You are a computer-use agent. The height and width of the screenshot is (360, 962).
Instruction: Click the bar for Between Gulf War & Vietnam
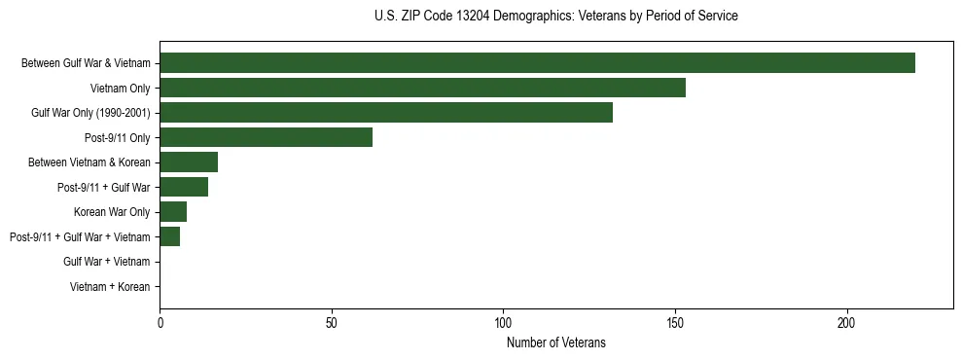click(x=537, y=63)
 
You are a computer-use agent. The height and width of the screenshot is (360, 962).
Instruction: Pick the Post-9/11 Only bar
click(x=266, y=137)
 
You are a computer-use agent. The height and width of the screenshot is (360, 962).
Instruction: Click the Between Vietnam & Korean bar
click(x=189, y=162)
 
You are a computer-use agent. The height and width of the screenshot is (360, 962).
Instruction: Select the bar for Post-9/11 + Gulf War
click(x=184, y=187)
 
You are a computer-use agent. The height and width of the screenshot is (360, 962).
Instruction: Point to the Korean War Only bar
click(x=173, y=212)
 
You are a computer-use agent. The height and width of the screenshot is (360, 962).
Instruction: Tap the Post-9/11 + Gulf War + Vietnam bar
click(x=170, y=236)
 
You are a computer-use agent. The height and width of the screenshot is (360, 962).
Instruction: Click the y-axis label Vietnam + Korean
click(x=110, y=287)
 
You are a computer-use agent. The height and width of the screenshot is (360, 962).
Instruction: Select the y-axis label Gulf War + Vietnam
click(x=107, y=262)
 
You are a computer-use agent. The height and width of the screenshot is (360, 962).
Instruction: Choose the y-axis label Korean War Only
click(x=112, y=212)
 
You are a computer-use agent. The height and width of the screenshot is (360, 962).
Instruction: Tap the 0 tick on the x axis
click(x=160, y=322)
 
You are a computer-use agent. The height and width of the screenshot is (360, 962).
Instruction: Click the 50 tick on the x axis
click(x=332, y=322)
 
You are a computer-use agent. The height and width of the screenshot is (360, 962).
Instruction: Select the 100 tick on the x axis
click(x=504, y=322)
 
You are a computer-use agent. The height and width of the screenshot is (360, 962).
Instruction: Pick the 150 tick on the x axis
click(x=675, y=322)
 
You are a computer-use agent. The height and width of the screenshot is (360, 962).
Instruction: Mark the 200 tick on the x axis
click(x=847, y=322)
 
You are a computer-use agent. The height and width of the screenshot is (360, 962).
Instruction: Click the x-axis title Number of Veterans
click(x=556, y=342)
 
